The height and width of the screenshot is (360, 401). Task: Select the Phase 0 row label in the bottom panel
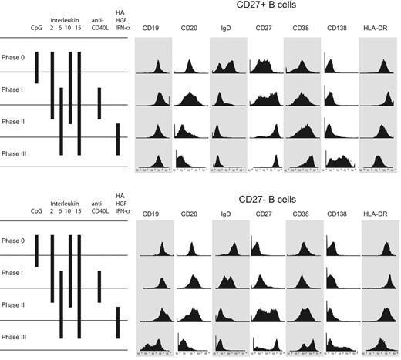pyautogui.click(x=14, y=241)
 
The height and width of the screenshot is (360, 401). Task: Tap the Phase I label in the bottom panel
pyautogui.click(x=14, y=273)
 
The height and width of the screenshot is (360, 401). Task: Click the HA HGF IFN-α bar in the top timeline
pyautogui.click(x=117, y=139)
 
